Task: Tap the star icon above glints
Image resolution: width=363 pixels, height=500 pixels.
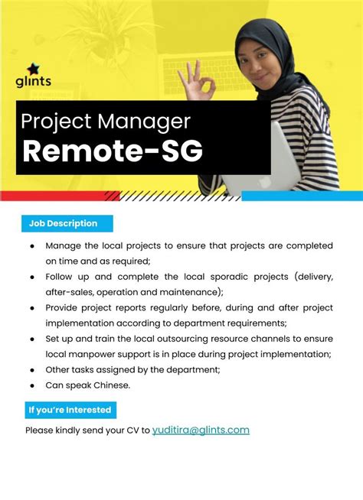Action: pyautogui.click(x=33, y=68)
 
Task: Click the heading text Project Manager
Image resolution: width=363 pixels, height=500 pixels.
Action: pyautogui.click(x=106, y=121)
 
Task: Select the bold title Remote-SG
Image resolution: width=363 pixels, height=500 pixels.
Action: pyautogui.click(x=112, y=151)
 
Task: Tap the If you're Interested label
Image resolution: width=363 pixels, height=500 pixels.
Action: pyautogui.click(x=70, y=410)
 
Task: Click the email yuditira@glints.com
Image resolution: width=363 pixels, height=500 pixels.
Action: pyautogui.click(x=201, y=430)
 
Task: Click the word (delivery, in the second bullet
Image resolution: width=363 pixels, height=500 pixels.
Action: pyautogui.click(x=308, y=276)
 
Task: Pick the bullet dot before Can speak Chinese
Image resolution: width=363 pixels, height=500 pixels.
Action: pyautogui.click(x=32, y=385)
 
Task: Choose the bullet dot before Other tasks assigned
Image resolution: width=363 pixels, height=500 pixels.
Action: pyautogui.click(x=32, y=369)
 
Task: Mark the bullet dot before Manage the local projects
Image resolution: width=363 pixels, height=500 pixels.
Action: pyautogui.click(x=32, y=245)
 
